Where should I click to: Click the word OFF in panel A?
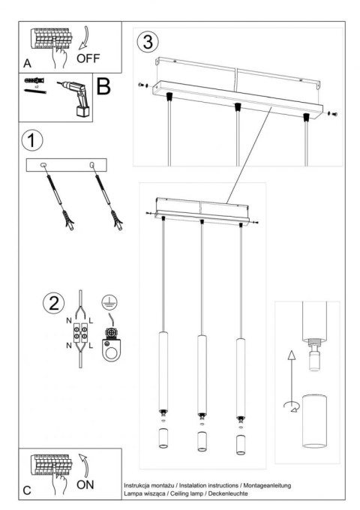coord(94,56)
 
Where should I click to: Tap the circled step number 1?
coord(31,140)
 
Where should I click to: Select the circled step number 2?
coord(52,304)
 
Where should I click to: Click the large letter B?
coord(103,85)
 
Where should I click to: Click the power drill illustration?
coord(75,100)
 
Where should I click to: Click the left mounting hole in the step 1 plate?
coord(43,165)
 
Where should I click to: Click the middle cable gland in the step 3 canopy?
coord(238,106)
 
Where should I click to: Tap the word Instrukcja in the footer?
coord(137,487)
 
